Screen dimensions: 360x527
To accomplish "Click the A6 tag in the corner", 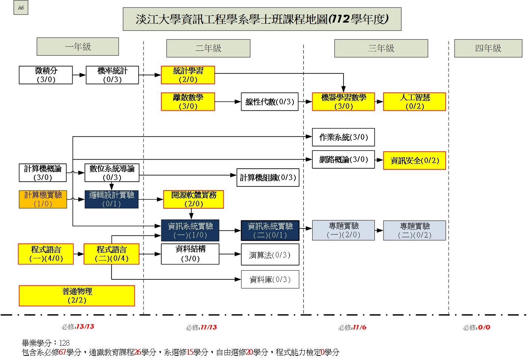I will (21, 8).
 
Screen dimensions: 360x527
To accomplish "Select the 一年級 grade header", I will (78, 47).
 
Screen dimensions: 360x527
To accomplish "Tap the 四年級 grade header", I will (488, 48).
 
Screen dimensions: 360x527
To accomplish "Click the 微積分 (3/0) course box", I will (46, 75).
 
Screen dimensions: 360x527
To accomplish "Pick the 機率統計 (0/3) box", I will (112, 75).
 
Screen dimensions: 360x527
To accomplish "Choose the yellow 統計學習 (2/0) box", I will (188, 75).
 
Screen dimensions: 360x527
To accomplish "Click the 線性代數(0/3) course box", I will (270, 102).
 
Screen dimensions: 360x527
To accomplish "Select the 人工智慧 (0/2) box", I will (414, 102).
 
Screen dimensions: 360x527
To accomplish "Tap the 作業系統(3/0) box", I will (343, 137).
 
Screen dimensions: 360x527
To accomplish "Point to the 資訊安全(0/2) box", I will (414, 160).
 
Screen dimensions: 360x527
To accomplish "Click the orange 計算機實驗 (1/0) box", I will (43, 199).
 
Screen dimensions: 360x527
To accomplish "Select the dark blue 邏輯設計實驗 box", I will (112, 199).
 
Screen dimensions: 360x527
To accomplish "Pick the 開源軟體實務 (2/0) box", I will (194, 199).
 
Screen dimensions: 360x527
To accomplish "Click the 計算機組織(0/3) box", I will (268, 177).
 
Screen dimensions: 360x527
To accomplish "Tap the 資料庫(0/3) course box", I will (270, 279).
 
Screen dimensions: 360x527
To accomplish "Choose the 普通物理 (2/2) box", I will (77, 296).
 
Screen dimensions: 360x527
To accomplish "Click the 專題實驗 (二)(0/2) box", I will (414, 230).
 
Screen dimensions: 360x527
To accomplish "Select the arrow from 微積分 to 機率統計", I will (79, 75).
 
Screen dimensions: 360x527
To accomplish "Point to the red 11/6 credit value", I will (359, 327).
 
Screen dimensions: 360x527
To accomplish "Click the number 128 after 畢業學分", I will (64, 343).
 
